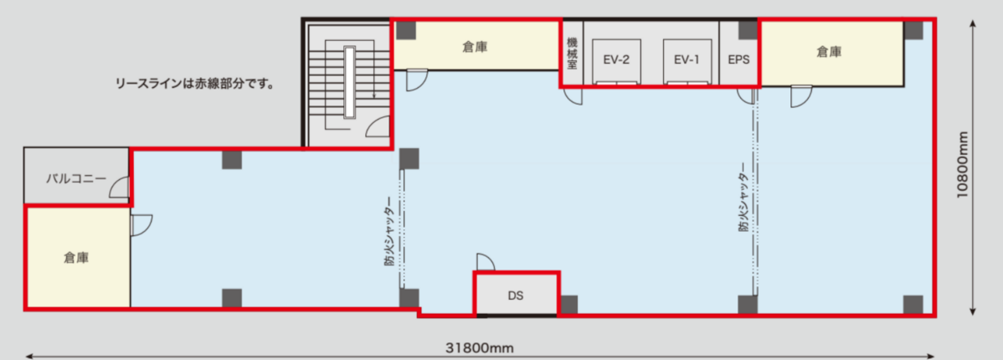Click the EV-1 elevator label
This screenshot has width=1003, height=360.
(x=687, y=60)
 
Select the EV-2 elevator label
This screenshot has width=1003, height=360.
(x=617, y=60)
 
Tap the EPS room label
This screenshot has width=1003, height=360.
(x=738, y=60)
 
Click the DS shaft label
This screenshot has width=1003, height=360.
(x=517, y=296)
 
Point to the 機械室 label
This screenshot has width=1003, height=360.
(x=572, y=54)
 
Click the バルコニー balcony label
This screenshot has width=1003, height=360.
(x=76, y=178)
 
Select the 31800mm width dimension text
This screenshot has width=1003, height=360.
(x=480, y=348)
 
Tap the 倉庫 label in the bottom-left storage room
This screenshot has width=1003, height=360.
(x=76, y=259)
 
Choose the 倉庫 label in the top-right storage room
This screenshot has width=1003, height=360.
(x=829, y=53)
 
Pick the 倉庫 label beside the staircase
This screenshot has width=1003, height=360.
(x=475, y=47)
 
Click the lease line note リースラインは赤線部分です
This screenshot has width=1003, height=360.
(x=194, y=84)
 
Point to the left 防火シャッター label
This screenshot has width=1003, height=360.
(x=389, y=236)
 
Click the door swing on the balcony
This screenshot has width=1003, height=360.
(x=120, y=188)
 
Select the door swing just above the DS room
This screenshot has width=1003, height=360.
(x=486, y=263)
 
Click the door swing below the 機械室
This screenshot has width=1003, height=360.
(x=574, y=96)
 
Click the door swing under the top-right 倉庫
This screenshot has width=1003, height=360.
(x=801, y=96)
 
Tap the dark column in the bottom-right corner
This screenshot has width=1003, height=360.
(x=913, y=305)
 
